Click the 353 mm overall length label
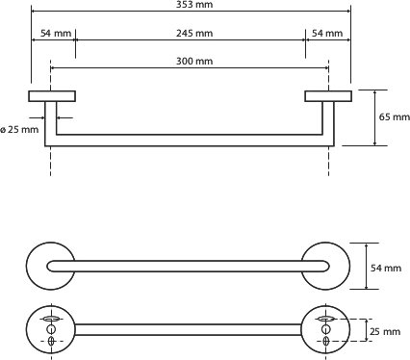(x=194, y=4)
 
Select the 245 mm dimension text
(x=194, y=33)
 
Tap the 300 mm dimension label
(x=194, y=61)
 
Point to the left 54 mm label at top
(x=56, y=33)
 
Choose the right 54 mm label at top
(x=327, y=33)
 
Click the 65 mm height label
(x=395, y=116)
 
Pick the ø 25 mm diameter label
(x=19, y=130)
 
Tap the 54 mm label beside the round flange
(x=386, y=268)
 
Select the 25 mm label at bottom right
(x=385, y=331)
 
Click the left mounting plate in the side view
(x=52, y=96)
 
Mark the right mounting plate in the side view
(x=328, y=96)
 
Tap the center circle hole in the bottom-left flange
(x=51, y=329)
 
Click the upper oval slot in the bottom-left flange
(x=51, y=319)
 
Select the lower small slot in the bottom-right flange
(x=326, y=341)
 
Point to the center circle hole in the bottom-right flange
(x=326, y=329)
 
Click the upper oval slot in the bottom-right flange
(x=326, y=319)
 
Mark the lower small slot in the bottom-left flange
(x=51, y=341)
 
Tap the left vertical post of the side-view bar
(x=51, y=123)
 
